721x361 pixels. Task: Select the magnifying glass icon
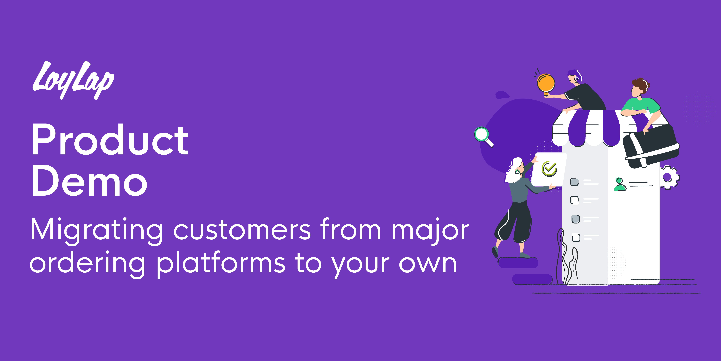tap(483, 136)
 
